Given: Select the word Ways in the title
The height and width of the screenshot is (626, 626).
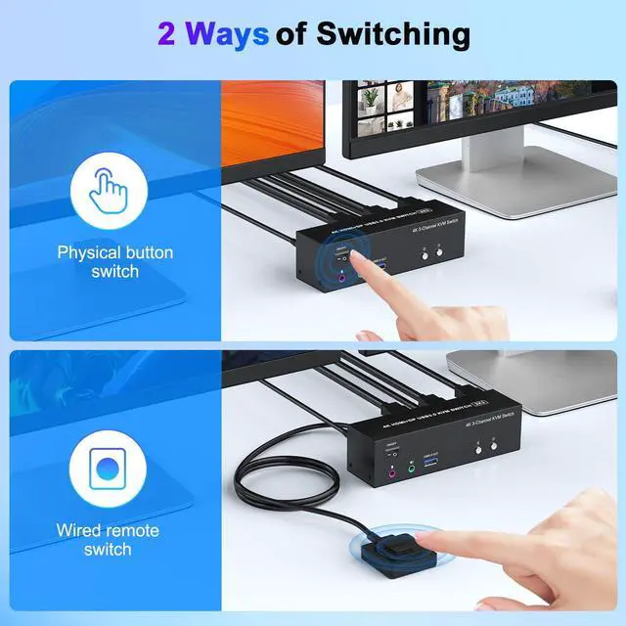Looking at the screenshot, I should tap(227, 33).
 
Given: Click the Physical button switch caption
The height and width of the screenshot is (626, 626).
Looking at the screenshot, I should tap(115, 261).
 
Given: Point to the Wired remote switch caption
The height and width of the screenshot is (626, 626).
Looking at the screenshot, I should tap(108, 540).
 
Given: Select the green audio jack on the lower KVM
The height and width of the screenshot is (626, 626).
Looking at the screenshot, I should tap(411, 469).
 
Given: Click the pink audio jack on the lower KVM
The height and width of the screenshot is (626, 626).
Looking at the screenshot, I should tap(392, 470).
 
